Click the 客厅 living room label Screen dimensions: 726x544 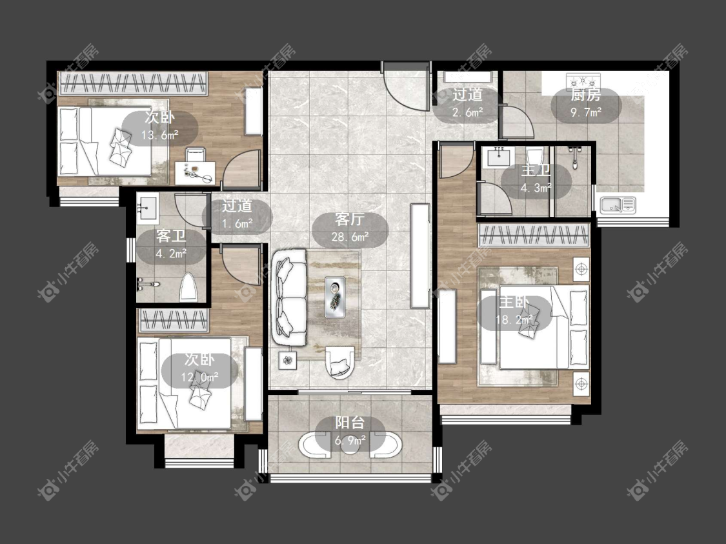click(x=350, y=220)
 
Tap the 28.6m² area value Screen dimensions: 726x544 click(x=350, y=237)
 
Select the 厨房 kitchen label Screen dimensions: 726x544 click(x=586, y=96)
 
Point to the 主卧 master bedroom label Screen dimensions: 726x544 click(x=514, y=302)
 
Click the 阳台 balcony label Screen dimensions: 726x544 click(x=350, y=423)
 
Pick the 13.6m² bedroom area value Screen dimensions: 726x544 click(x=160, y=135)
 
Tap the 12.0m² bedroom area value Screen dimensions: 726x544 click(x=199, y=378)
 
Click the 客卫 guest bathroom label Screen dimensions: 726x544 click(x=171, y=236)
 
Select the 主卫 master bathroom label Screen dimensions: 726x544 click(x=536, y=170)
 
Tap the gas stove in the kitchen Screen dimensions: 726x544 click(x=583, y=81)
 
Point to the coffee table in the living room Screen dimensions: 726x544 click(x=335, y=297)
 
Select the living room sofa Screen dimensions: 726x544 click(x=289, y=297)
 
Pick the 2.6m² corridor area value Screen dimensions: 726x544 click(x=468, y=112)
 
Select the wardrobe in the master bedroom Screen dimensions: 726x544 click(x=534, y=234)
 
